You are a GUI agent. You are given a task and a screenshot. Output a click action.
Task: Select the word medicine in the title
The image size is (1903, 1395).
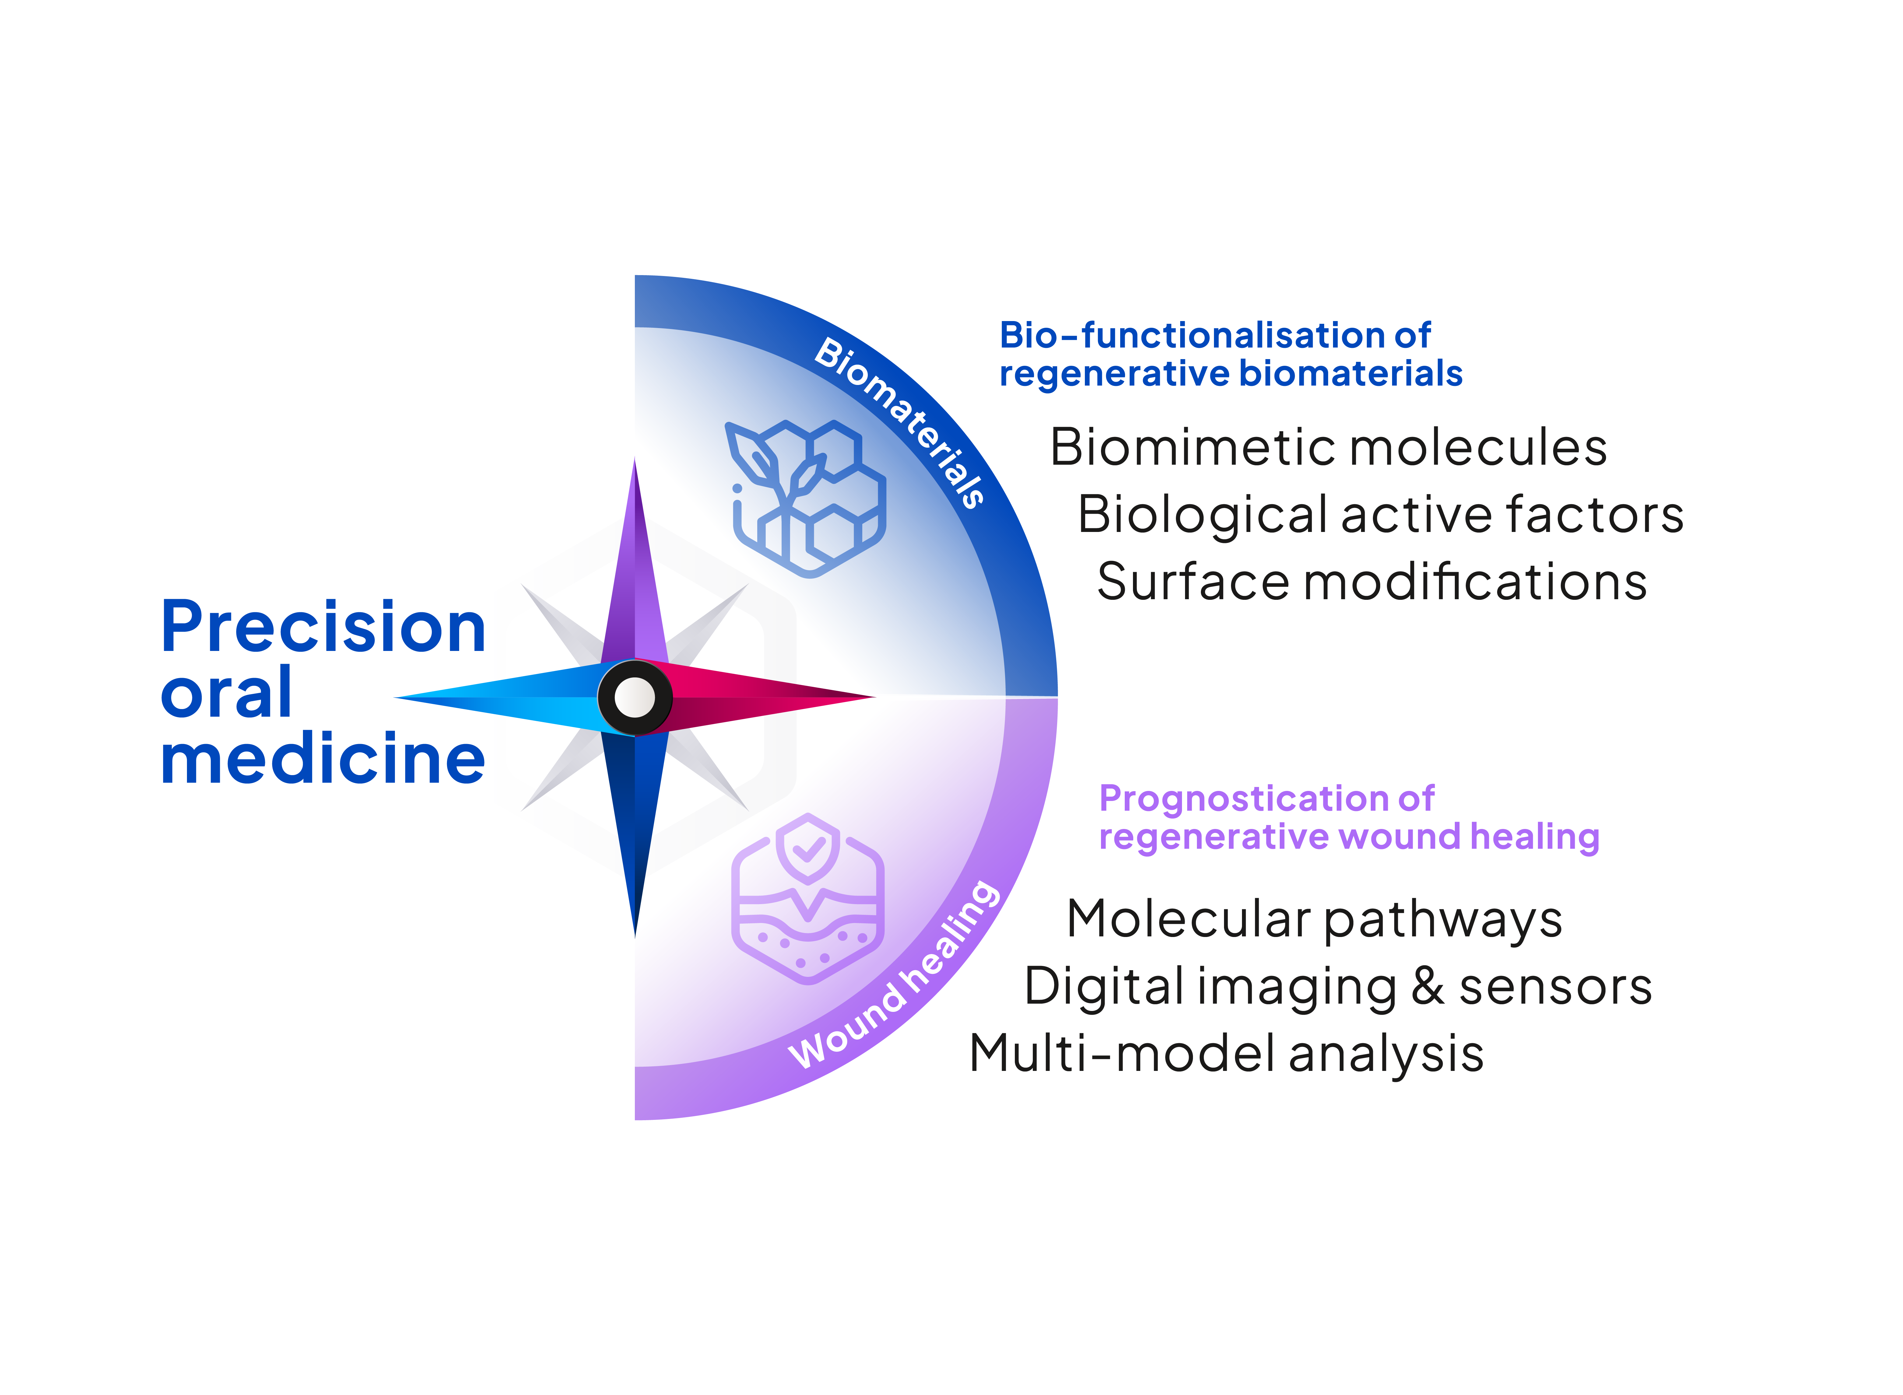323,758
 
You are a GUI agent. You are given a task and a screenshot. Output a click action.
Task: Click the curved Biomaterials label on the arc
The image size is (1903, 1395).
899,422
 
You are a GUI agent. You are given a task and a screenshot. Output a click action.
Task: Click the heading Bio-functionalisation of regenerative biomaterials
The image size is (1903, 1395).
1231,355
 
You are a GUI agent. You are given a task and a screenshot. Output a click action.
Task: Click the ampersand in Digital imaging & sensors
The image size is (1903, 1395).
1427,986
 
